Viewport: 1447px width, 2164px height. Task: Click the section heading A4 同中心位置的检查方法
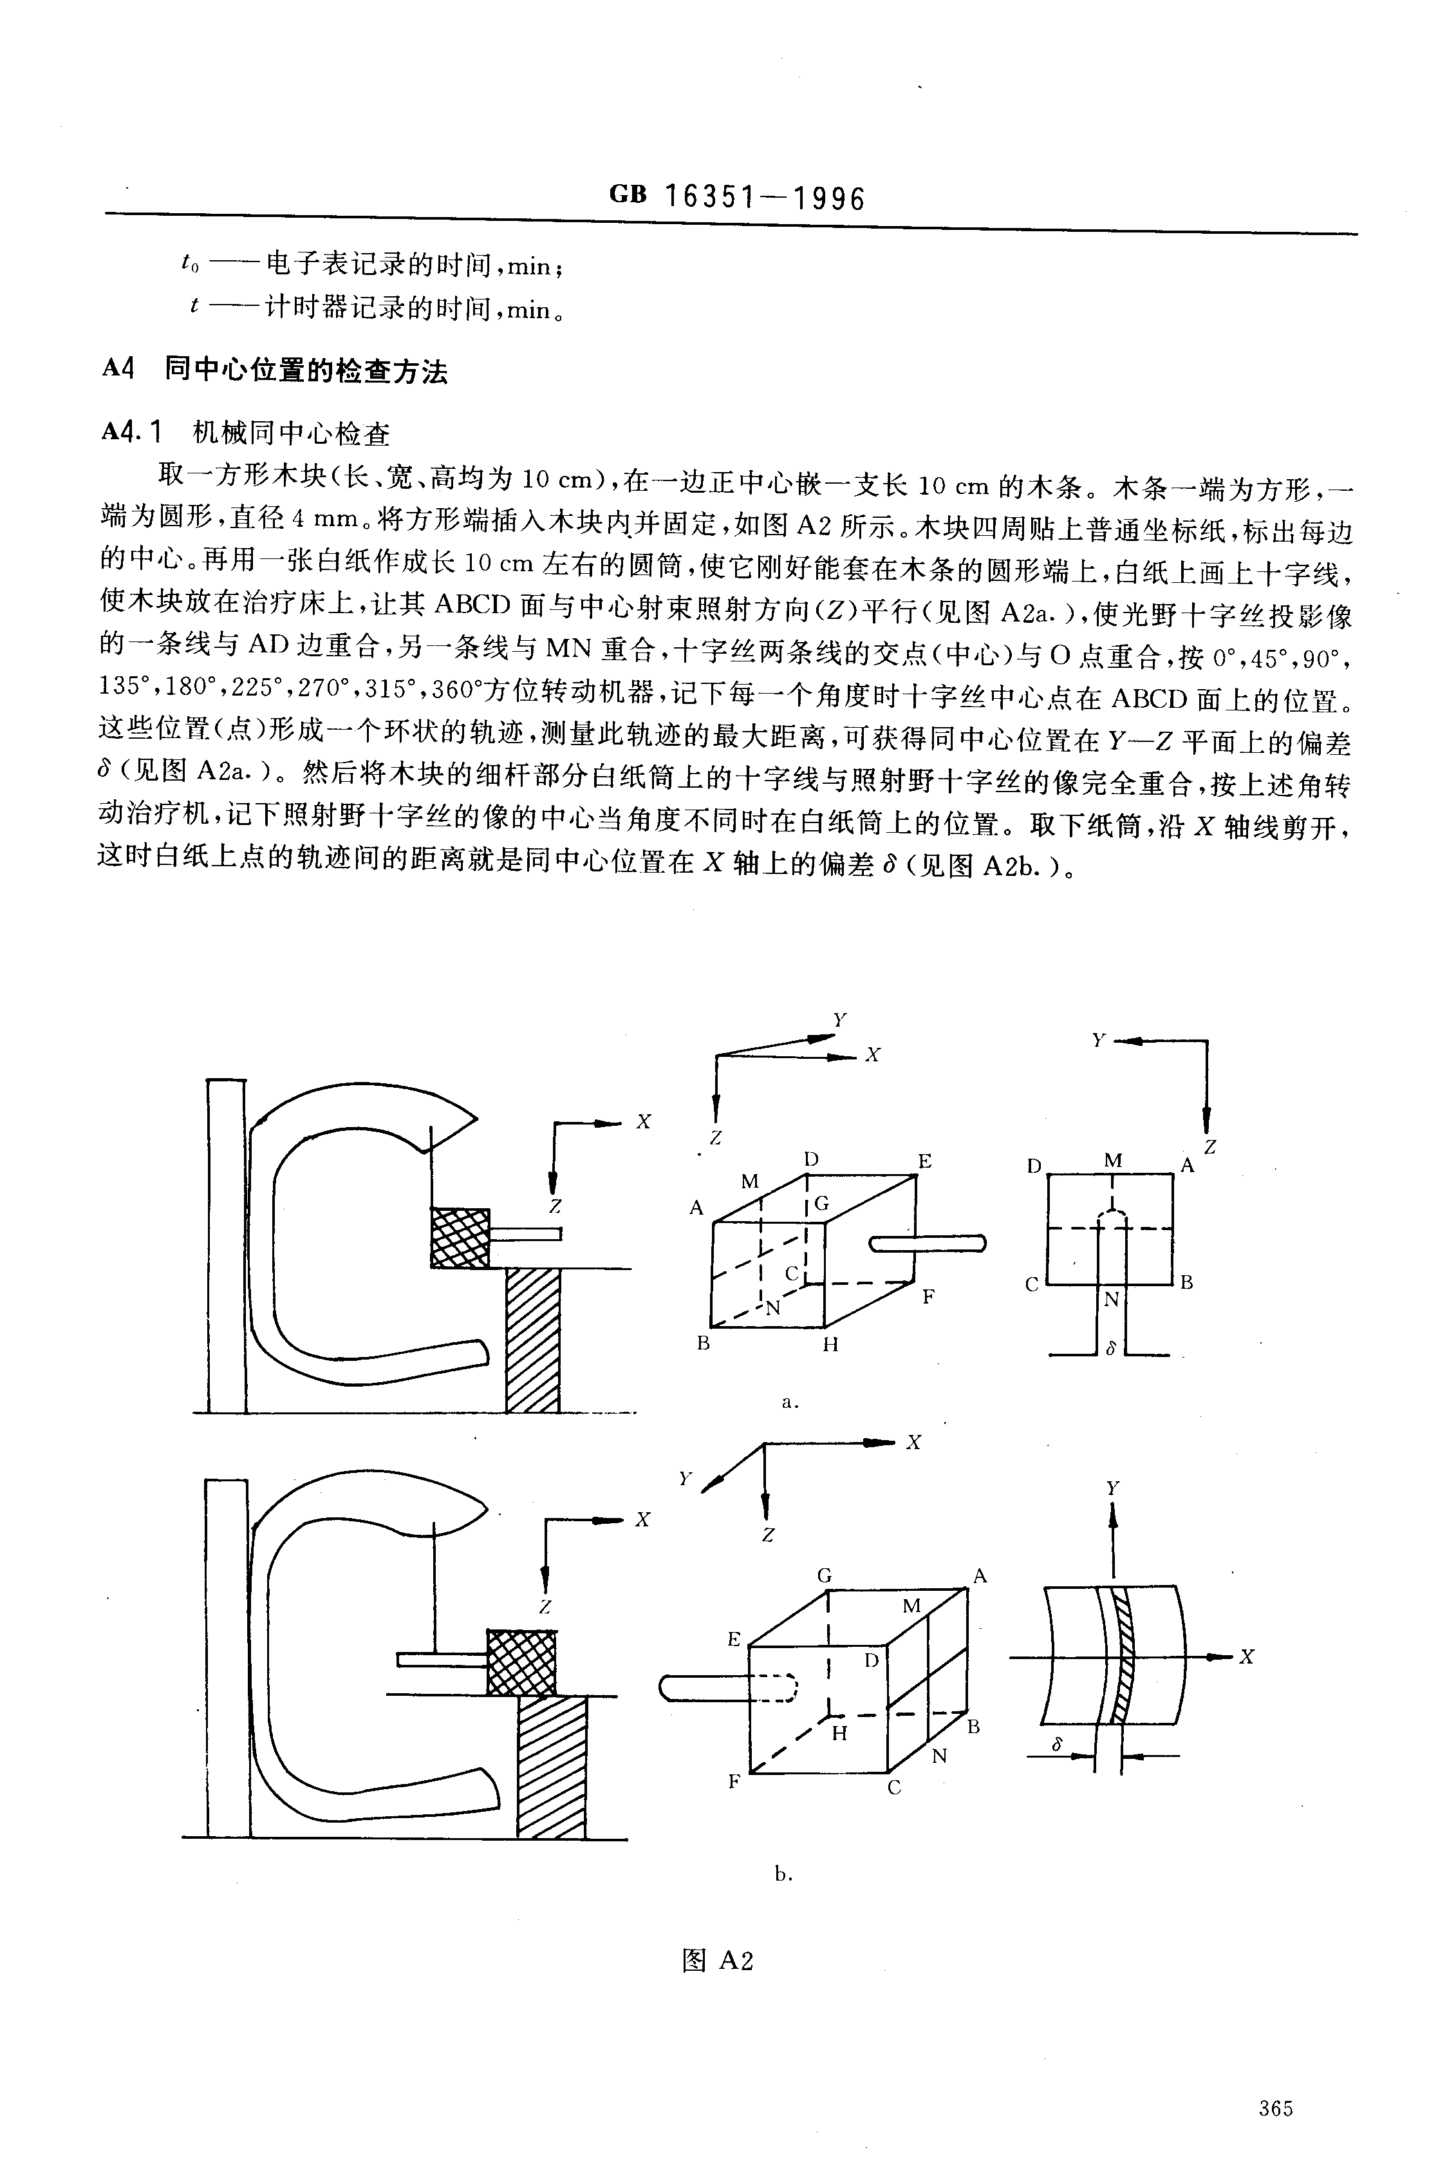274,371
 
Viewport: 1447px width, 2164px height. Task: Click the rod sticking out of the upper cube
928,1244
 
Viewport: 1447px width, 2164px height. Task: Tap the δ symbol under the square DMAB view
1111,1349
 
